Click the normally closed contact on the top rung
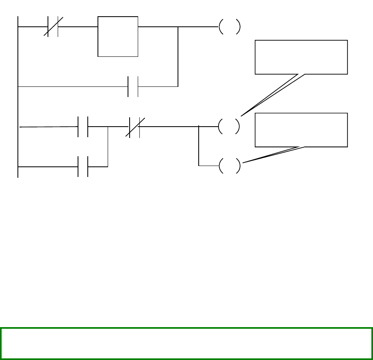(53, 27)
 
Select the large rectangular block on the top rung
(118, 37)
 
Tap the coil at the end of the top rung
(229, 27)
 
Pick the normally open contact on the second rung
(133, 86)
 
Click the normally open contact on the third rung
(83, 127)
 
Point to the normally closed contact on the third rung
(134, 127)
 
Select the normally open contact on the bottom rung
(83, 166)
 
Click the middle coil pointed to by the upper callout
(229, 127)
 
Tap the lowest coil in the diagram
(229, 166)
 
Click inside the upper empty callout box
(301, 57)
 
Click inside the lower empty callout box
(301, 130)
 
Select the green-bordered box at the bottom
(186, 338)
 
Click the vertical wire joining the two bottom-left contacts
(108, 147)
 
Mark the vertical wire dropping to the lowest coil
(199, 146)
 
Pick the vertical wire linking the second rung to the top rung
(178, 57)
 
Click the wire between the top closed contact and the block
(78, 27)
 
